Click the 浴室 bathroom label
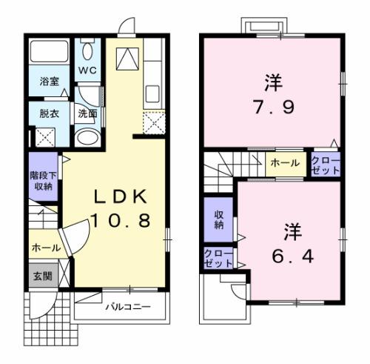[x=50, y=82]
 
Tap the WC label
[x=87, y=71]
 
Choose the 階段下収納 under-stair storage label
[x=41, y=181]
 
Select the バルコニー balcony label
[x=127, y=306]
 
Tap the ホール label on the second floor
[x=285, y=163]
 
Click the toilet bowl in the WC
[x=88, y=51]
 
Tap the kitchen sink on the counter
[x=153, y=94]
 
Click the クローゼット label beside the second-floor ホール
[x=325, y=165]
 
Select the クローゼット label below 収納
[x=218, y=259]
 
